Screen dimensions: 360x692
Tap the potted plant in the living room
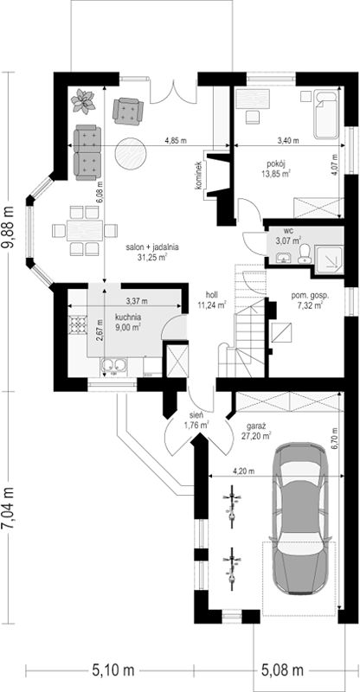pyautogui.click(x=83, y=101)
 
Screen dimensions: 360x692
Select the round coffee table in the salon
pyautogui.click(x=131, y=153)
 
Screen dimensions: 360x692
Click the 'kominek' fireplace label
pyautogui.click(x=199, y=176)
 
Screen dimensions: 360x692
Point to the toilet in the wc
pyautogui.click(x=305, y=253)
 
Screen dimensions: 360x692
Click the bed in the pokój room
pyautogui.click(x=327, y=115)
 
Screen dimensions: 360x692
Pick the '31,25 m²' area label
pyautogui.click(x=152, y=257)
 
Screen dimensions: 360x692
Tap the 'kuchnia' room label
pyautogui.click(x=128, y=317)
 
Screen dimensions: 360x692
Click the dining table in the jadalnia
pyautogui.click(x=85, y=230)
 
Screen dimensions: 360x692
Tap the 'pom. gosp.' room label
pyautogui.click(x=306, y=296)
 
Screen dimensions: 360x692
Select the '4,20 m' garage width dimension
pyautogui.click(x=244, y=471)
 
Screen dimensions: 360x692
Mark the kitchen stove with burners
pyautogui.click(x=78, y=325)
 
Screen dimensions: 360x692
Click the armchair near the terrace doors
pyautogui.click(x=128, y=111)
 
